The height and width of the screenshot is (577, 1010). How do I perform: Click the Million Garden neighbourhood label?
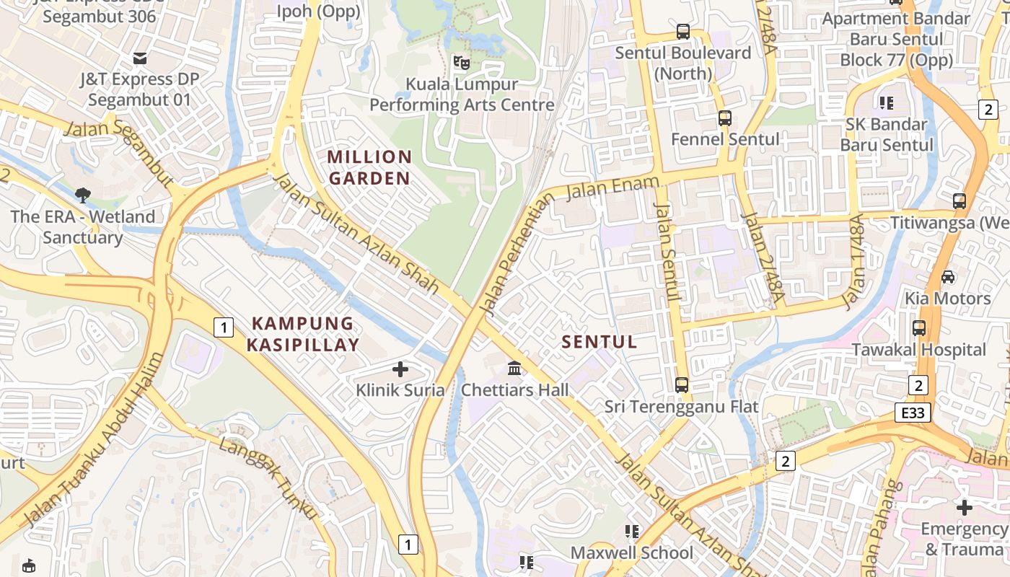tap(369, 167)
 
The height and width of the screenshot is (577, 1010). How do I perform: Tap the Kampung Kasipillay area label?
tap(302, 334)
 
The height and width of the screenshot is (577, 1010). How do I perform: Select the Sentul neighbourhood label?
tap(600, 342)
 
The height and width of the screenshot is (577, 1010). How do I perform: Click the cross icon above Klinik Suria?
tap(400, 370)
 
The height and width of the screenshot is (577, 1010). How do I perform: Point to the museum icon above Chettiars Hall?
tap(514, 369)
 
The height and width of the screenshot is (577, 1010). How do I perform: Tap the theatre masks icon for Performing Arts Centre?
tap(461, 63)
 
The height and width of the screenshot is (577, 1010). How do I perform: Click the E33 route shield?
tap(913, 413)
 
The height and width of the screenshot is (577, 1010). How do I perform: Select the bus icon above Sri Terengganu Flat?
tap(682, 385)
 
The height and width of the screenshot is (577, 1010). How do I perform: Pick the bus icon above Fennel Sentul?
tap(725, 118)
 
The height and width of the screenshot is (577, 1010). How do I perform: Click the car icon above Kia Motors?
tap(948, 277)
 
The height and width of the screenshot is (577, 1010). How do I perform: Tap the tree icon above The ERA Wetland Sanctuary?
tap(82, 195)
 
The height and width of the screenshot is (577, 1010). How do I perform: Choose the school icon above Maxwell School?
tap(632, 532)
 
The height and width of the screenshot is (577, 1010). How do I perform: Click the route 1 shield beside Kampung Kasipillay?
tap(224, 328)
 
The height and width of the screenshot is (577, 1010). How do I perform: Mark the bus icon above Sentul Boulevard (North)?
tap(683, 32)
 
